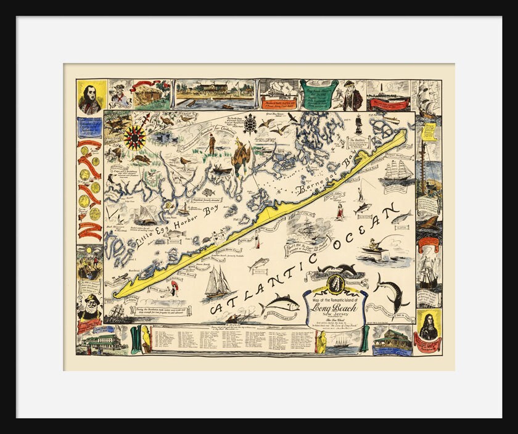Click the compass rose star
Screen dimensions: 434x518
pyautogui.click(x=135, y=137)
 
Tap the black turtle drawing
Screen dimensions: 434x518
pyautogui.click(x=250, y=124)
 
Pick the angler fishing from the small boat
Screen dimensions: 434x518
pyautogui.click(x=376, y=246)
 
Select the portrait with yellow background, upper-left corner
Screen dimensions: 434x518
pyautogui.click(x=90, y=97)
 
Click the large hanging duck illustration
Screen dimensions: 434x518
pyautogui.click(x=240, y=158)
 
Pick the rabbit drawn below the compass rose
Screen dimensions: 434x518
pyautogui.click(x=142, y=158)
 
